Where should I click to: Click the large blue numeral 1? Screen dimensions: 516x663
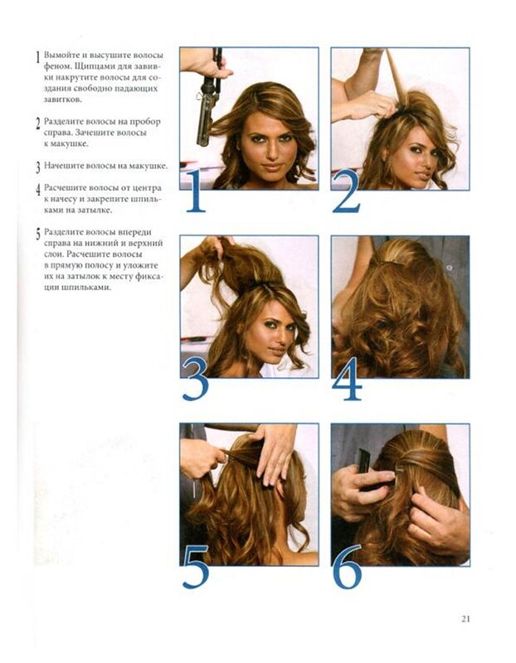click(x=196, y=191)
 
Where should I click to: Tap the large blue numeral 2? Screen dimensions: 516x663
click(x=346, y=191)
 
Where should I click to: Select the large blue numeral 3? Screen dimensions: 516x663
click(x=195, y=379)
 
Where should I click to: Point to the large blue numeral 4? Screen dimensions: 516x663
click(x=347, y=379)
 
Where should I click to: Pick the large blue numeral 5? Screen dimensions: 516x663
click(x=196, y=567)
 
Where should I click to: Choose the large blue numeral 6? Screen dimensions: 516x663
click(x=348, y=567)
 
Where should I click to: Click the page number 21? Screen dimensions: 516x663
click(x=465, y=618)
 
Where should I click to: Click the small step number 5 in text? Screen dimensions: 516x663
click(x=38, y=234)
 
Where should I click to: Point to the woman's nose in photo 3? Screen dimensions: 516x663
click(x=280, y=337)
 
